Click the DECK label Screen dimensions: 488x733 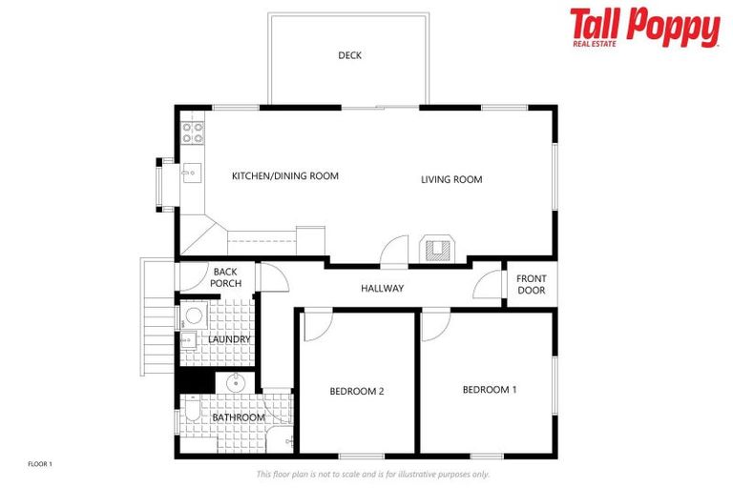[349, 55]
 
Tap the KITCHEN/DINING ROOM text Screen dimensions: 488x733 [284, 176]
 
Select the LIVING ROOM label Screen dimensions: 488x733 [451, 179]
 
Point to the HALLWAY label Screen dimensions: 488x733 [382, 289]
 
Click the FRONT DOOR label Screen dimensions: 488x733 [531, 284]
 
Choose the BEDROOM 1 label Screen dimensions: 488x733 [490, 390]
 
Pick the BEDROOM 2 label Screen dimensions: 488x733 [356, 391]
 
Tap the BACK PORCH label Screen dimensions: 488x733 [226, 277]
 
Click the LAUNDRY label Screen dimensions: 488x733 [228, 339]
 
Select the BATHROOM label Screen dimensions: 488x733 [238, 417]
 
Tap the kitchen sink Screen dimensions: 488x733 [190, 173]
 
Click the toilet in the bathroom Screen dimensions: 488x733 [191, 412]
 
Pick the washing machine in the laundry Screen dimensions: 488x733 [193, 315]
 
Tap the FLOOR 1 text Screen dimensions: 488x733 [39, 463]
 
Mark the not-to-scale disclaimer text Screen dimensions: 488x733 [372, 474]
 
